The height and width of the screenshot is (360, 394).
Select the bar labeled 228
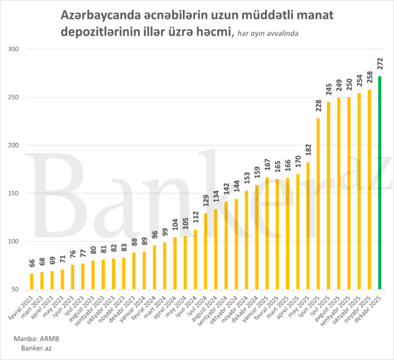click(318, 203)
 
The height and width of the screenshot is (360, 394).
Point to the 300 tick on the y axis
click(13, 49)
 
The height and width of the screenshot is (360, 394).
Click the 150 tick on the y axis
click(13, 193)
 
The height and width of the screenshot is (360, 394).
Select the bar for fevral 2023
click(32, 281)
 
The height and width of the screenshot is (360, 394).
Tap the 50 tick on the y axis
click(14, 289)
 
